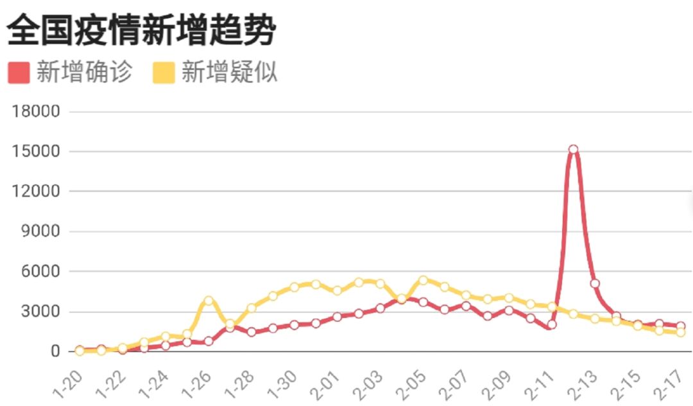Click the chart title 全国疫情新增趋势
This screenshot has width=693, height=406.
pyautogui.click(x=141, y=30)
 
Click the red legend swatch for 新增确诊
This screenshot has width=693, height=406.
pyautogui.click(x=19, y=73)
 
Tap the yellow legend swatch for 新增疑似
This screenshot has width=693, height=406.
pyautogui.click(x=164, y=73)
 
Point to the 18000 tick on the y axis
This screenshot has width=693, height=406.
pyautogui.click(x=37, y=112)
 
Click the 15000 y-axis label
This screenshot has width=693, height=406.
pyautogui.click(x=37, y=152)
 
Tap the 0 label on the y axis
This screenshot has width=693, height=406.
pyautogui.click(x=55, y=351)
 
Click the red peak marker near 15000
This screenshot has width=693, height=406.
pyautogui.click(x=573, y=150)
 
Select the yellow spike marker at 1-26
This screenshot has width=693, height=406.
pyautogui.click(x=209, y=301)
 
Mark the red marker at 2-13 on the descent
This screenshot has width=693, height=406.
pyautogui.click(x=595, y=283)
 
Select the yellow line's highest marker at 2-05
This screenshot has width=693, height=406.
pyautogui.click(x=423, y=280)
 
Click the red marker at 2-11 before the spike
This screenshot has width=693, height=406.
pyautogui.click(x=552, y=324)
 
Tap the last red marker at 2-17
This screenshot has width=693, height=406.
pyautogui.click(x=680, y=326)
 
